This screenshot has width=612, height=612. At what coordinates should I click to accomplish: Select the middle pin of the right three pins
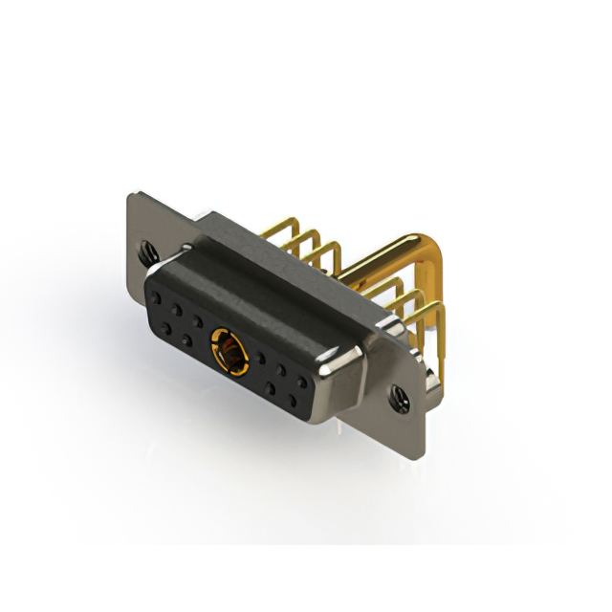[x=413, y=301]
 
